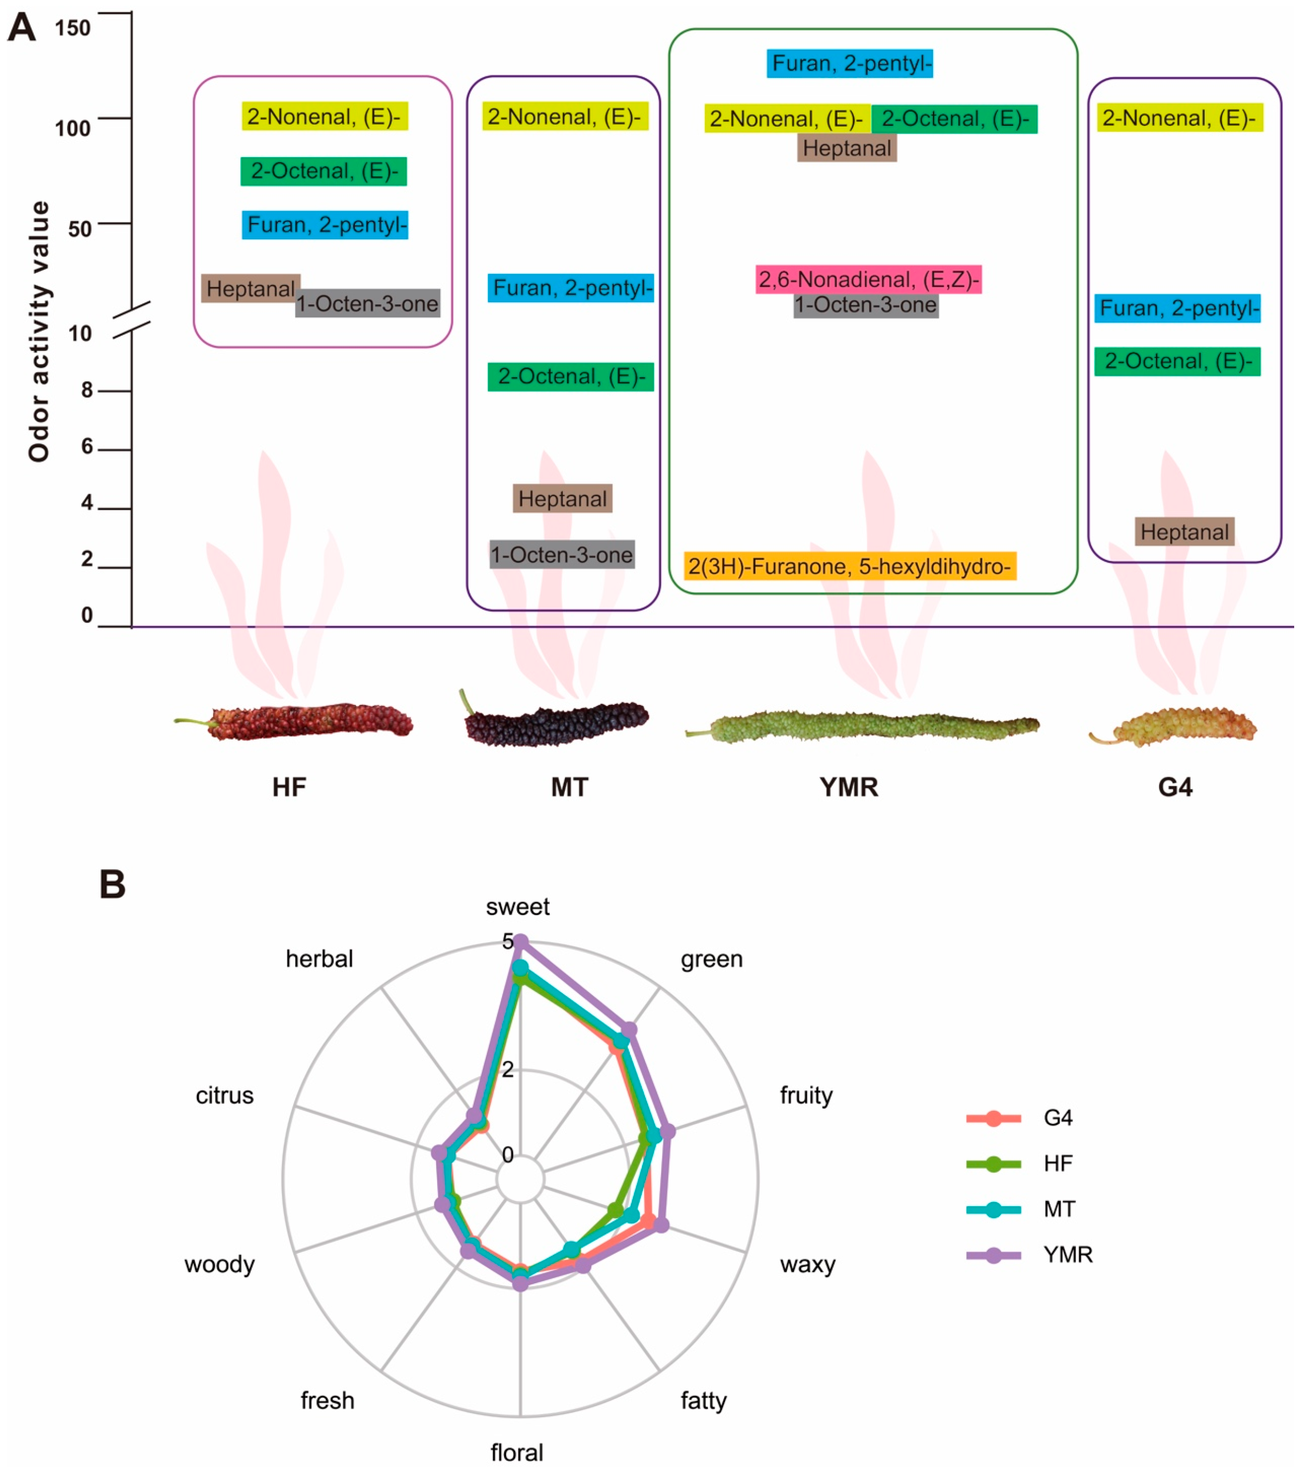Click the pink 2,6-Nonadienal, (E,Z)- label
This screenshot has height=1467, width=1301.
(x=868, y=279)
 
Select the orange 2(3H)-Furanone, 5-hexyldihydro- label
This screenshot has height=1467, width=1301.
(x=850, y=566)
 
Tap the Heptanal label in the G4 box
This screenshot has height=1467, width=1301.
(x=1184, y=532)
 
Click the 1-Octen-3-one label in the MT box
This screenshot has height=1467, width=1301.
(x=562, y=555)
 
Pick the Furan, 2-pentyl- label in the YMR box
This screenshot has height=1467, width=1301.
(x=850, y=64)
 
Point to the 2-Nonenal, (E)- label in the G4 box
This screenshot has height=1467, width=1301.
(x=1179, y=118)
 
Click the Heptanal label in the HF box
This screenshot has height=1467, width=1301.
(x=250, y=289)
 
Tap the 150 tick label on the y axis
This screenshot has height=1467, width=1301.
(x=72, y=29)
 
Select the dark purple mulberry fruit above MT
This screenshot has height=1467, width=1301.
(x=557, y=723)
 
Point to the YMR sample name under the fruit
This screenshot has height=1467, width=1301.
(x=849, y=787)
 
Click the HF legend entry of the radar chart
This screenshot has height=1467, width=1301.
(x=1058, y=1163)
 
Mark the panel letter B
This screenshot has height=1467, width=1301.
(x=113, y=885)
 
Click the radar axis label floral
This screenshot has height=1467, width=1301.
(x=517, y=1452)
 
